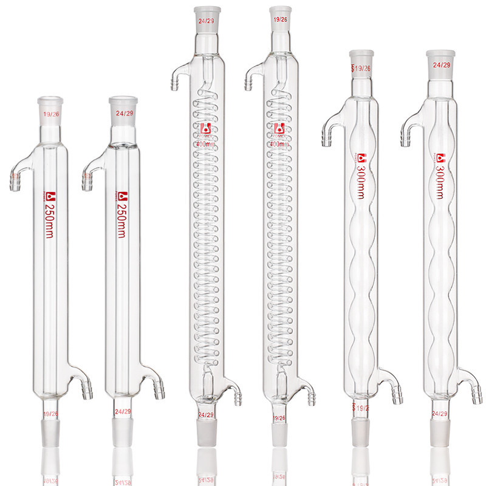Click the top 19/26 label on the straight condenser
[x=50, y=114]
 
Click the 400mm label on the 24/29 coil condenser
[x=206, y=145]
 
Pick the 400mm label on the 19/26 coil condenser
[x=279, y=145]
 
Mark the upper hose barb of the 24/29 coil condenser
[x=176, y=83]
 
